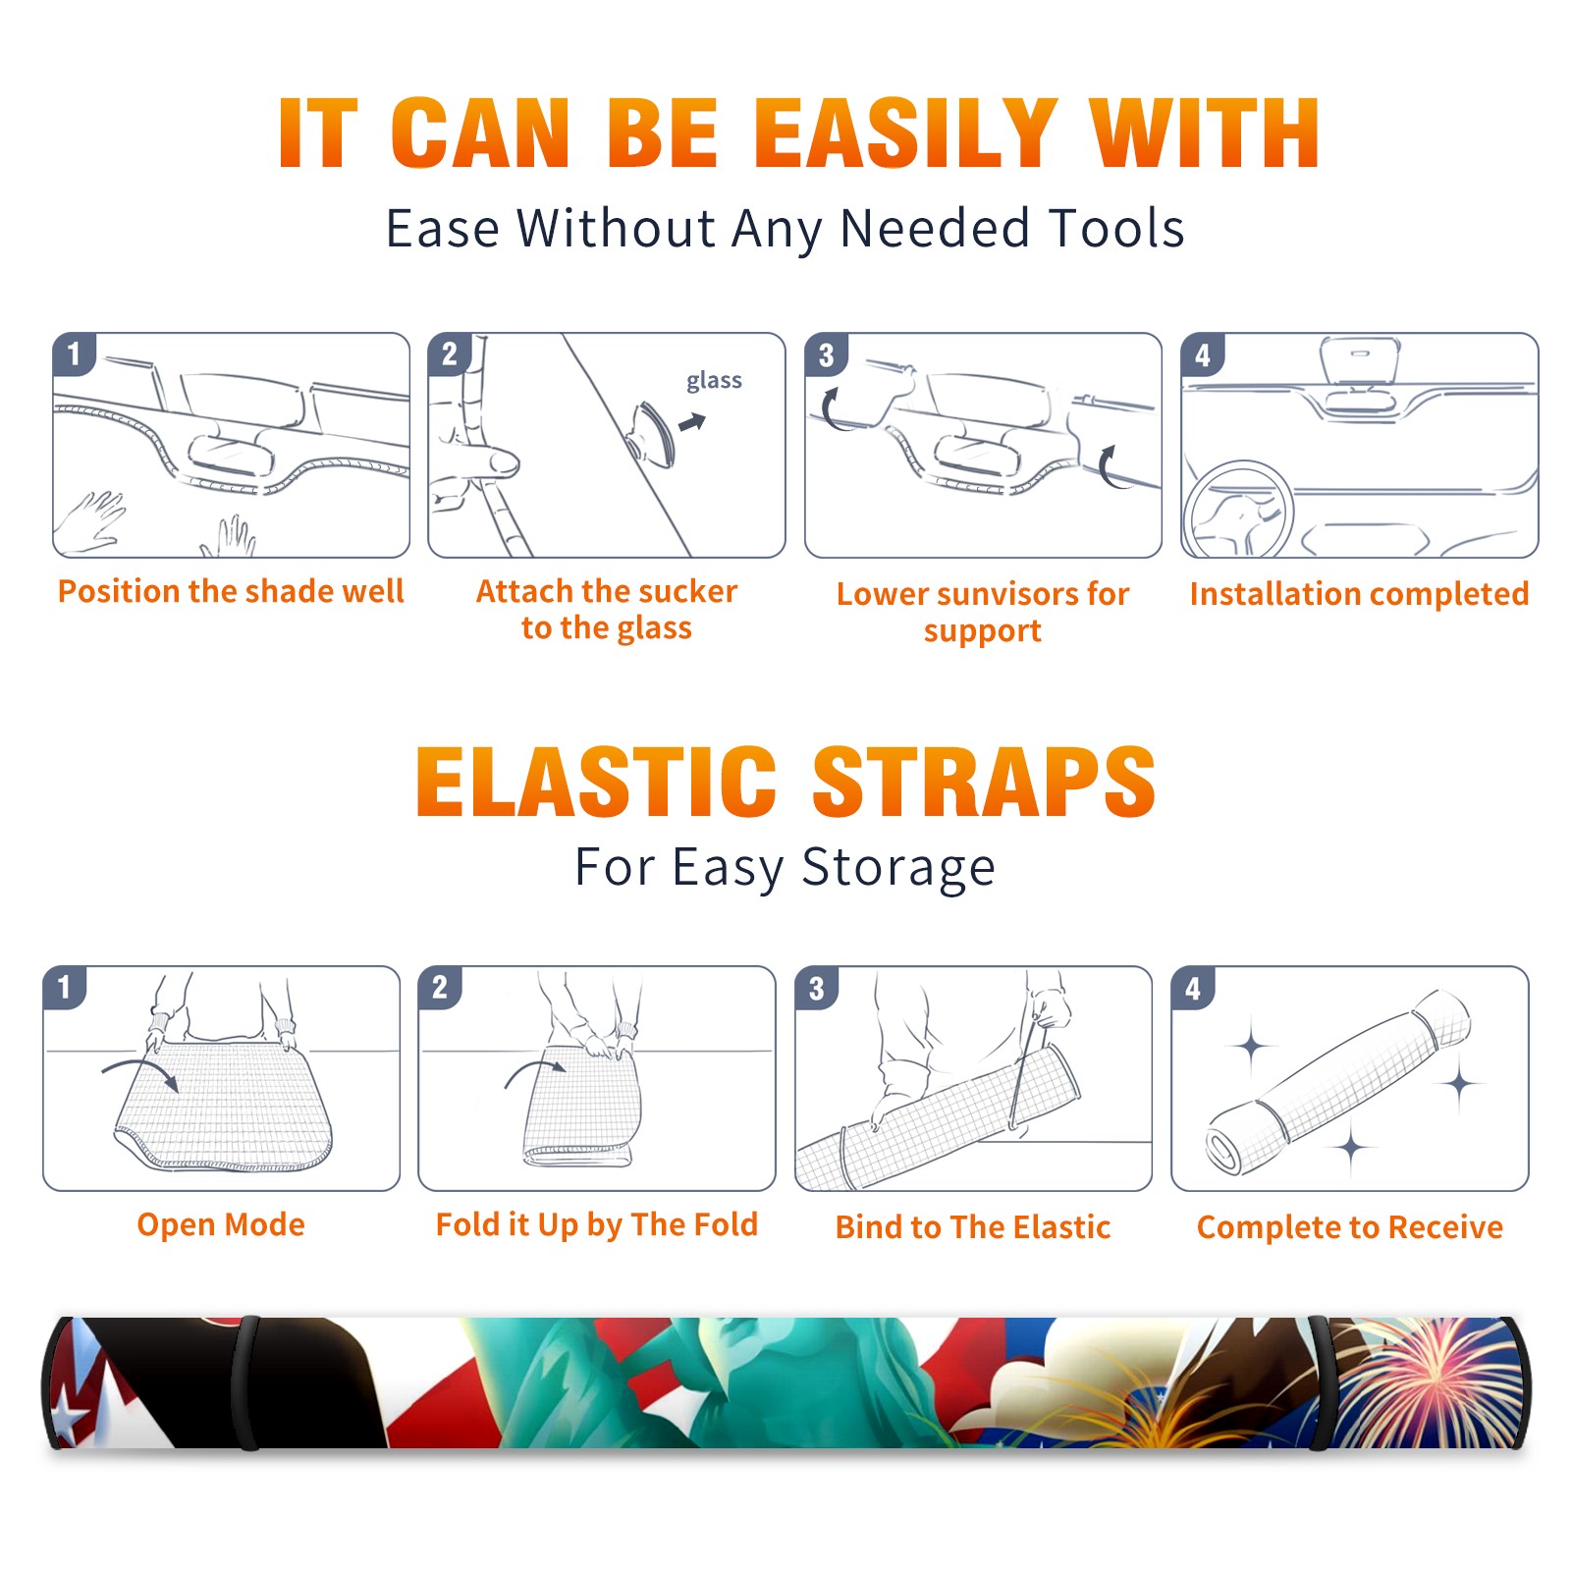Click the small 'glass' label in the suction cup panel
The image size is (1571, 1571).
tap(714, 381)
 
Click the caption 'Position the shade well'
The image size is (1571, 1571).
tap(231, 591)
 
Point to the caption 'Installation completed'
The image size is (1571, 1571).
tap(1359, 593)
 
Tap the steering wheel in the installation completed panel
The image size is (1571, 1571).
tap(1238, 510)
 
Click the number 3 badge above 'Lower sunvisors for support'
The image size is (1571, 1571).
tap(827, 354)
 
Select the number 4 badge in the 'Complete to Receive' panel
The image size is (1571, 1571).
tap(1193, 988)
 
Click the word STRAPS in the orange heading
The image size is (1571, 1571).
tap(984, 782)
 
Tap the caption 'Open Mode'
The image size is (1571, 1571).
tap(221, 1224)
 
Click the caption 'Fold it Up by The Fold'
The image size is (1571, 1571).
tap(597, 1224)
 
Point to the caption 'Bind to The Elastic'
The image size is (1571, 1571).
tap(973, 1227)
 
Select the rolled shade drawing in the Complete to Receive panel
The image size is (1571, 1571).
tap(1338, 1082)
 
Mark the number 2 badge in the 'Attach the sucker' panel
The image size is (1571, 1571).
tap(450, 353)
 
